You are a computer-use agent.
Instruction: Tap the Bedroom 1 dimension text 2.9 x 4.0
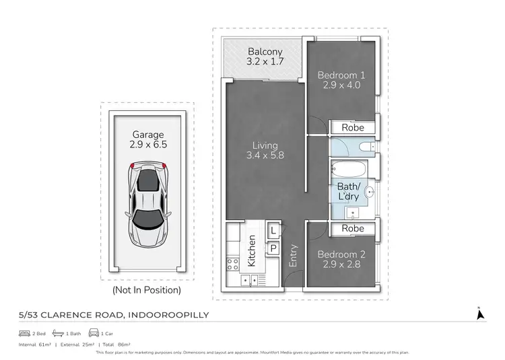click(340, 85)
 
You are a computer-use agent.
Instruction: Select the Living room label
click(265, 145)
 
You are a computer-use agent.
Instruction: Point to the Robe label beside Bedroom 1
click(352, 127)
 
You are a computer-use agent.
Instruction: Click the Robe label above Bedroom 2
click(352, 229)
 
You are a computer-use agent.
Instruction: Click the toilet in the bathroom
click(367, 147)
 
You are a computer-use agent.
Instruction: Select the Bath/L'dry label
click(347, 191)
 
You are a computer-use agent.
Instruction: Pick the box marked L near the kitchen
click(273, 231)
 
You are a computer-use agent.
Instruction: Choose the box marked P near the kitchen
click(273, 248)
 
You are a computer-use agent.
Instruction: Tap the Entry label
click(293, 256)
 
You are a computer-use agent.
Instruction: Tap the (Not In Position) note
click(147, 290)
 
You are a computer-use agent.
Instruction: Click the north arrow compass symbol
click(479, 314)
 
